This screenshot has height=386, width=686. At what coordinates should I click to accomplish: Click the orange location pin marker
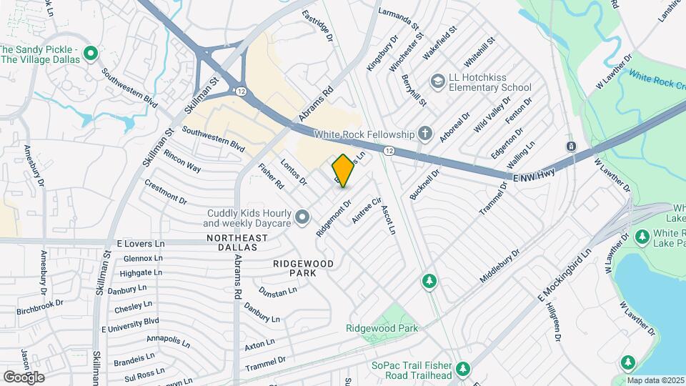coord(343,171)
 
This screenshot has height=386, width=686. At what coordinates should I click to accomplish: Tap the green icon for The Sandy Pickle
coord(91,54)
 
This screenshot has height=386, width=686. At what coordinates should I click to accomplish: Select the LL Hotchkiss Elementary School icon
coord(436,82)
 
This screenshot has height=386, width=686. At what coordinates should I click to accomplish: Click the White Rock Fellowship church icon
coord(425,134)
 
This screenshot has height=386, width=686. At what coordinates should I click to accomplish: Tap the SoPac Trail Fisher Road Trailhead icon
coord(463,369)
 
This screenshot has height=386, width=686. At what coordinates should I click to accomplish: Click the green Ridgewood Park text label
coord(382,328)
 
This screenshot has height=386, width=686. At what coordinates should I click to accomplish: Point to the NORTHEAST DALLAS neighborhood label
coord(232,242)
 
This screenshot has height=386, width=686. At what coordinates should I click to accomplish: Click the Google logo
coord(24,377)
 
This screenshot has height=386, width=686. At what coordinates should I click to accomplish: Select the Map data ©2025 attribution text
coord(655,380)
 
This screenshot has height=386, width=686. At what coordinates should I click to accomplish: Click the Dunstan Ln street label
coord(278,291)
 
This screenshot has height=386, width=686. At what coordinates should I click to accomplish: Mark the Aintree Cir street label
coord(369,212)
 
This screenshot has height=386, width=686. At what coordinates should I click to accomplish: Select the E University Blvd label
coord(130,325)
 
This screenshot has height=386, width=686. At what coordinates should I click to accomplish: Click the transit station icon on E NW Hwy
coord(572,147)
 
